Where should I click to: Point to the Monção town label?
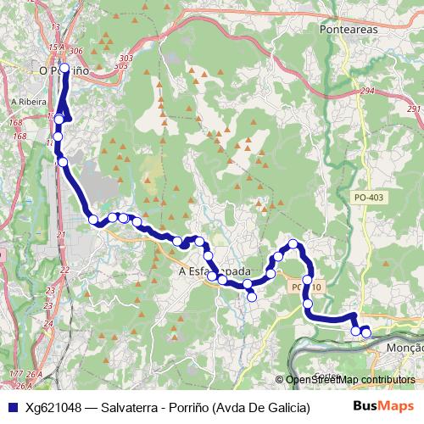click(404, 348)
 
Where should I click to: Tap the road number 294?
click(366, 91)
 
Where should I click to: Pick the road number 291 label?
click(413, 109)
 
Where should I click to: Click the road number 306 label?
click(78, 52)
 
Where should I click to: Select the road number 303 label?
click(126, 58)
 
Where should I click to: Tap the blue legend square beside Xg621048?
click(10, 407)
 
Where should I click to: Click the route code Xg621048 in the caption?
click(53, 407)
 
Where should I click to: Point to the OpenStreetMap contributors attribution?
click(349, 380)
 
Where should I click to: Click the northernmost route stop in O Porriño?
click(64, 68)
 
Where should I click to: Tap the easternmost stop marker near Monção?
click(366, 332)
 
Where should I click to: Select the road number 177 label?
click(14, 374)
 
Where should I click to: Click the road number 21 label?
click(60, 235)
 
